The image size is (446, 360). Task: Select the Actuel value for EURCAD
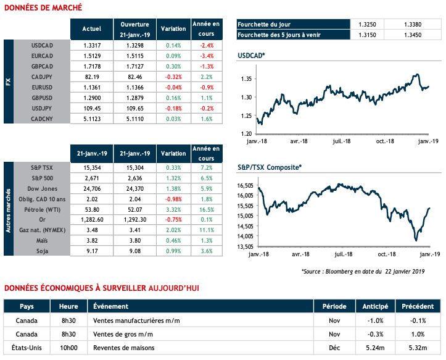click(91, 56)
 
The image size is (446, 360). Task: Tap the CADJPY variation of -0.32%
click(173, 77)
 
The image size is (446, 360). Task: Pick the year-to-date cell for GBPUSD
click(207, 98)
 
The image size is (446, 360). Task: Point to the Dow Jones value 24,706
click(91, 188)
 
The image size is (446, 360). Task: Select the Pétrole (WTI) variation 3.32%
click(173, 209)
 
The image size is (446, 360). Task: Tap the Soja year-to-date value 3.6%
click(207, 251)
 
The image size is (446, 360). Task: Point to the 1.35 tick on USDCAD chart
click(246, 79)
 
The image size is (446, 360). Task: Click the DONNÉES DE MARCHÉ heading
click(42, 7)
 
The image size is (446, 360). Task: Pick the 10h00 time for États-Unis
click(68, 348)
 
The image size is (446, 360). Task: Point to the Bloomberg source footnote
click(372, 271)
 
